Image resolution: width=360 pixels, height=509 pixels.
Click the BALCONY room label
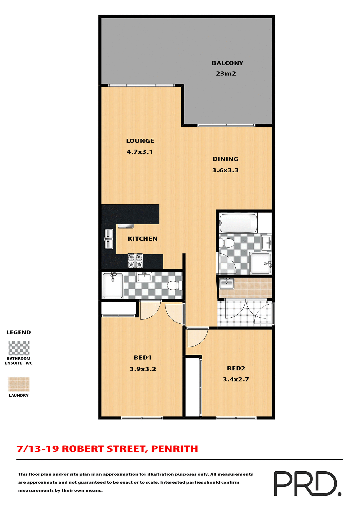227,63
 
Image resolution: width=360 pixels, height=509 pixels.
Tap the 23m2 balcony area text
226,74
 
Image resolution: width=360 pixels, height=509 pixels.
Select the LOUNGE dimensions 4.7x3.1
140,152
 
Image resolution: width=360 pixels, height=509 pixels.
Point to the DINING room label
225,159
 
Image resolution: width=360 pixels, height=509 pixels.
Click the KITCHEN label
143,239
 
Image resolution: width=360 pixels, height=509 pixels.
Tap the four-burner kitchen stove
135,261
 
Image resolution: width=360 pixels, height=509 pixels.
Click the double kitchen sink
109,239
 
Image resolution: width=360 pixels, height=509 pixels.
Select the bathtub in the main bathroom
238,223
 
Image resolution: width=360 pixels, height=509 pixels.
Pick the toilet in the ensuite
175,286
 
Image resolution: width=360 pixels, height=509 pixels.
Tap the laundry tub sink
226,283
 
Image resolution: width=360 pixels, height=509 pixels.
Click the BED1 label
143,358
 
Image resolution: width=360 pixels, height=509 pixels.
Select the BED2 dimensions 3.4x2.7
236,379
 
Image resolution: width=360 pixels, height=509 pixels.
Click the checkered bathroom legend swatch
19,348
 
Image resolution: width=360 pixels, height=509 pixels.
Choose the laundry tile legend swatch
19,384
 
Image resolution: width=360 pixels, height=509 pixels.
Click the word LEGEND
19,332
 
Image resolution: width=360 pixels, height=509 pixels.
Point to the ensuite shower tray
113,286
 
